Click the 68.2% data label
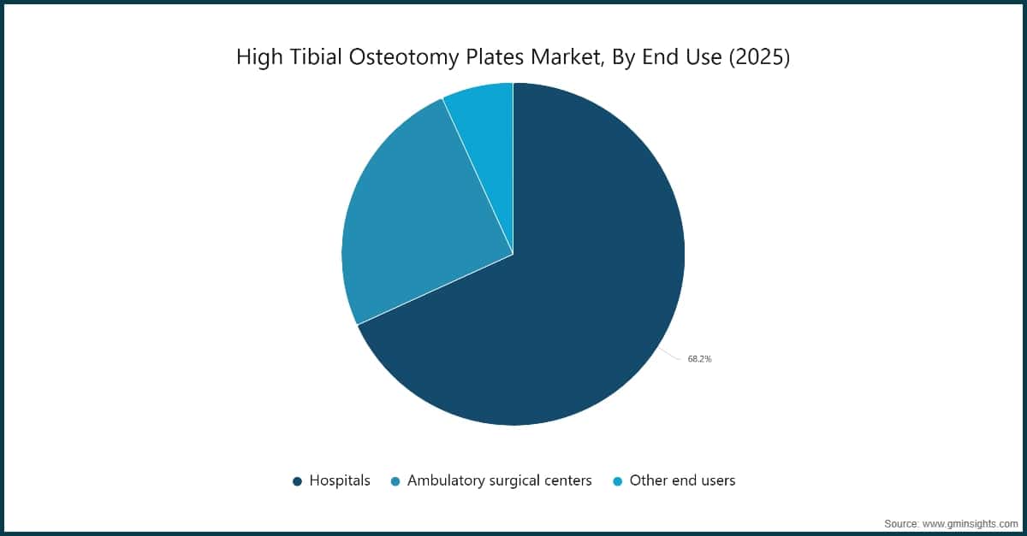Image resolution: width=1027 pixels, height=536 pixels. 699,359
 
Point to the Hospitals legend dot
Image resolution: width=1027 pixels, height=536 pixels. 297,481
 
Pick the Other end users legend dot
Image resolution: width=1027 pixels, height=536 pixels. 617,481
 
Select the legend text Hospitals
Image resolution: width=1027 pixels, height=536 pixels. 340,480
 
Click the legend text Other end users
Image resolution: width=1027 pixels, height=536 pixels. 682,480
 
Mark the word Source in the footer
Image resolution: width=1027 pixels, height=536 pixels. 900,521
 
